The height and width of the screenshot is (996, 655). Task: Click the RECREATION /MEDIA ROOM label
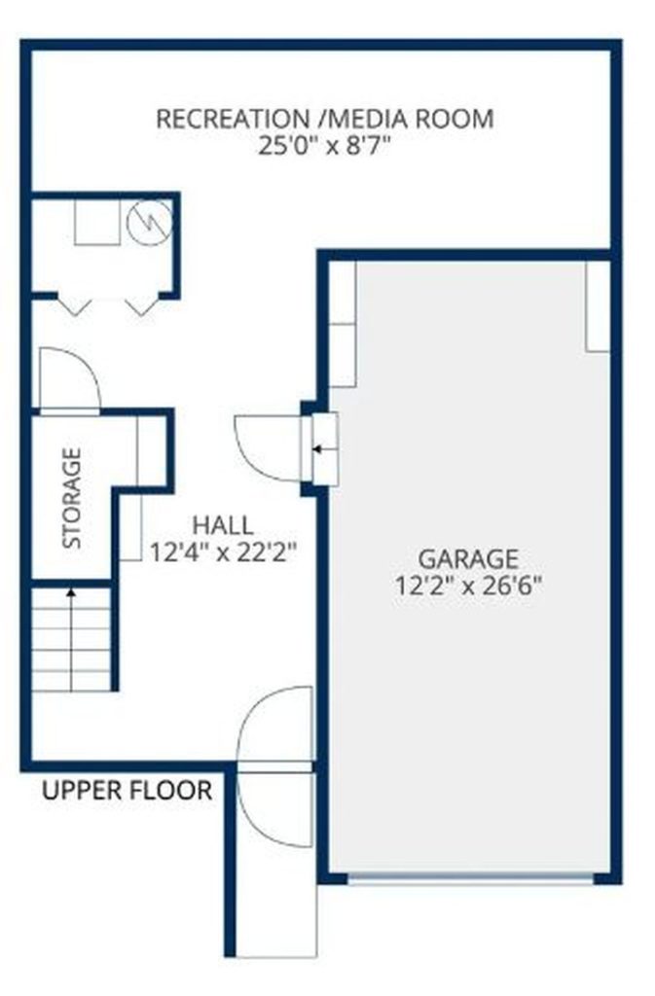(325, 120)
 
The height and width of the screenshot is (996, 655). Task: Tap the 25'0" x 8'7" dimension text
(323, 147)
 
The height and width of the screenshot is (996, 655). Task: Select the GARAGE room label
(467, 558)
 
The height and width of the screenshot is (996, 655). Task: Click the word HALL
(223, 525)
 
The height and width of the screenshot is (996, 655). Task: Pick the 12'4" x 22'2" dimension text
(223, 552)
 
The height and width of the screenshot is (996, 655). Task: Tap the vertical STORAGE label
(72, 498)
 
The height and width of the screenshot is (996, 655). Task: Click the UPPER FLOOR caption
(127, 790)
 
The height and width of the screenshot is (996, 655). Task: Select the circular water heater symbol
(150, 222)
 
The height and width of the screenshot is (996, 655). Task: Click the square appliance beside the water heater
(97, 223)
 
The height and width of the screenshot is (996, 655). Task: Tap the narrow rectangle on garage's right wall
(598, 306)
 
